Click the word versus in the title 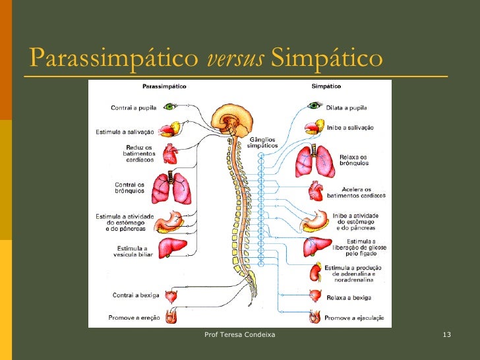point(235,59)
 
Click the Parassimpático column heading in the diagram point(164,86)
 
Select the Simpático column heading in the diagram point(326,86)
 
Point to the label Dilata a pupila point(347,107)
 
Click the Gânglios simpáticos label point(262,144)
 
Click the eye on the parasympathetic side point(170,105)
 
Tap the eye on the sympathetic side point(315,106)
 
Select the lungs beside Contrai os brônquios point(171,189)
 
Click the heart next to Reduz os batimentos point(170,154)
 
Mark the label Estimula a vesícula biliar point(134,251)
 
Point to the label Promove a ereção point(134,317)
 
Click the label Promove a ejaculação point(354,317)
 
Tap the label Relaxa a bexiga point(348,298)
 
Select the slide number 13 point(446,336)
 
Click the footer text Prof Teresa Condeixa point(240,336)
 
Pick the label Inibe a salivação point(350,127)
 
